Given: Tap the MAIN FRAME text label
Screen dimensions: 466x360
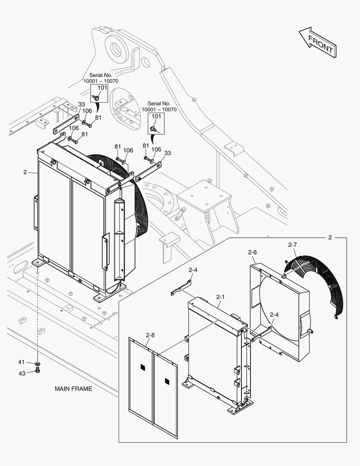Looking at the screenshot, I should point(73,388).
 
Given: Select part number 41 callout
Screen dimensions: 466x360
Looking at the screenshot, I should point(22,362).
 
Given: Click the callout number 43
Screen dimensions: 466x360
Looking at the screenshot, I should point(22,373).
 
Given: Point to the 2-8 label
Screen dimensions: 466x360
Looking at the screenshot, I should point(150,335).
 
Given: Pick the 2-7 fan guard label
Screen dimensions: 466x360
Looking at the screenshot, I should point(292,245).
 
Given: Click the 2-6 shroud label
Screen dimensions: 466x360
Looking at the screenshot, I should point(252,252).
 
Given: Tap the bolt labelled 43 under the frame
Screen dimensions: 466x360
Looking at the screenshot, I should point(37,370).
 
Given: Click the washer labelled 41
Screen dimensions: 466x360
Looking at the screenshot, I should point(38,363).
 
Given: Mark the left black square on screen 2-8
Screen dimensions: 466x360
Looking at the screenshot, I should point(143,367).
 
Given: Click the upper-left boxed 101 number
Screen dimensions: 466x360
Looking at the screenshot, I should point(102,88).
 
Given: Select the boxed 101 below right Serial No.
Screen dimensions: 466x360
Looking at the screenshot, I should point(157,116).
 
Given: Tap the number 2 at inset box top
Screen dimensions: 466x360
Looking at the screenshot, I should point(330,237).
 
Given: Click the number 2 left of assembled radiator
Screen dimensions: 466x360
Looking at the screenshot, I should point(25,172).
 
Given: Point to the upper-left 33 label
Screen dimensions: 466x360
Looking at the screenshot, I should point(81,104).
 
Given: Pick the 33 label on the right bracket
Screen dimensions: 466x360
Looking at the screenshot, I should point(167,153).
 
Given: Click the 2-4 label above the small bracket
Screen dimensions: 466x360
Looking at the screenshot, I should point(193,270).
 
